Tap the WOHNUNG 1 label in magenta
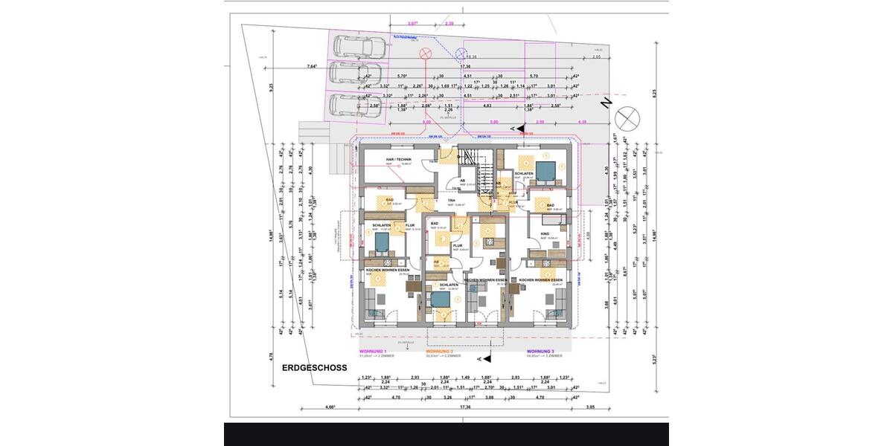pos(373,350)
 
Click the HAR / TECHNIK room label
pos(399,160)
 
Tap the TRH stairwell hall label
pos(450,200)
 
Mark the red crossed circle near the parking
pos(426,54)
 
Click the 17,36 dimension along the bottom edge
pos(465,407)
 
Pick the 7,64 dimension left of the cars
pos(311,67)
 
